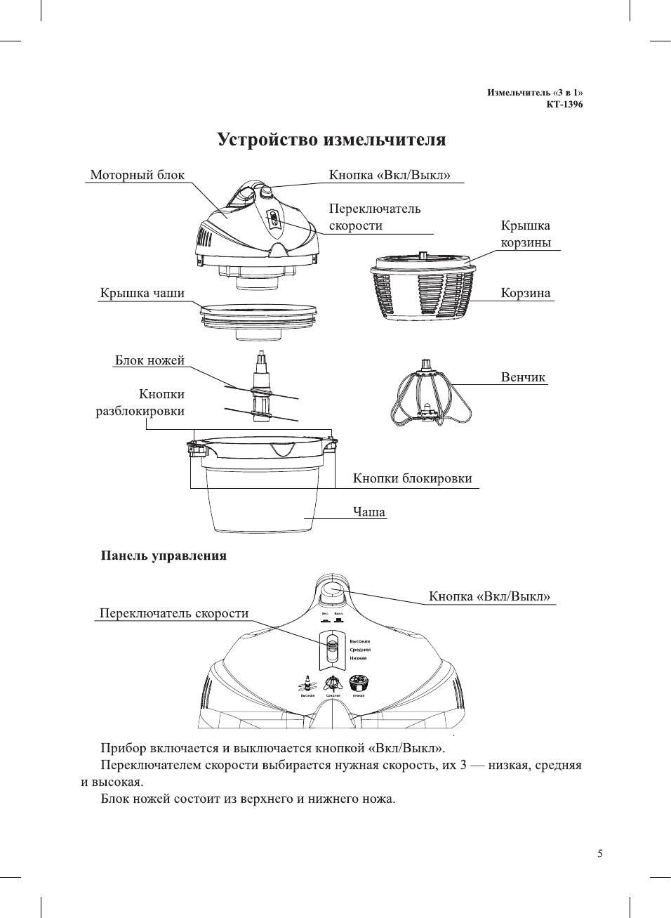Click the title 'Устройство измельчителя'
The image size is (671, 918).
331,140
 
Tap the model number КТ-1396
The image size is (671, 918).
564,105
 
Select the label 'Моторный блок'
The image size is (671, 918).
138,175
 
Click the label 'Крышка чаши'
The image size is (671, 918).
142,293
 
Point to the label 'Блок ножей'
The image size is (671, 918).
150,360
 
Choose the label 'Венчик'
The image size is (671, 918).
523,377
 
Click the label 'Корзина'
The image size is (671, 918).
525,293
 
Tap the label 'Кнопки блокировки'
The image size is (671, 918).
412,478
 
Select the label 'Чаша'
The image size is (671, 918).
369,512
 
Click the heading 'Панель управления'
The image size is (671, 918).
164,556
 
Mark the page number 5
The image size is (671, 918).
600,854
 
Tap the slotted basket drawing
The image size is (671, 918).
423,288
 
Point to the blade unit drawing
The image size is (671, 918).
262,388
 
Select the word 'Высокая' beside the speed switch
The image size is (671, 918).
360,641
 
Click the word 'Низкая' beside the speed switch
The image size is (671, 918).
359,658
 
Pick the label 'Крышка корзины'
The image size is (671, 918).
526,234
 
